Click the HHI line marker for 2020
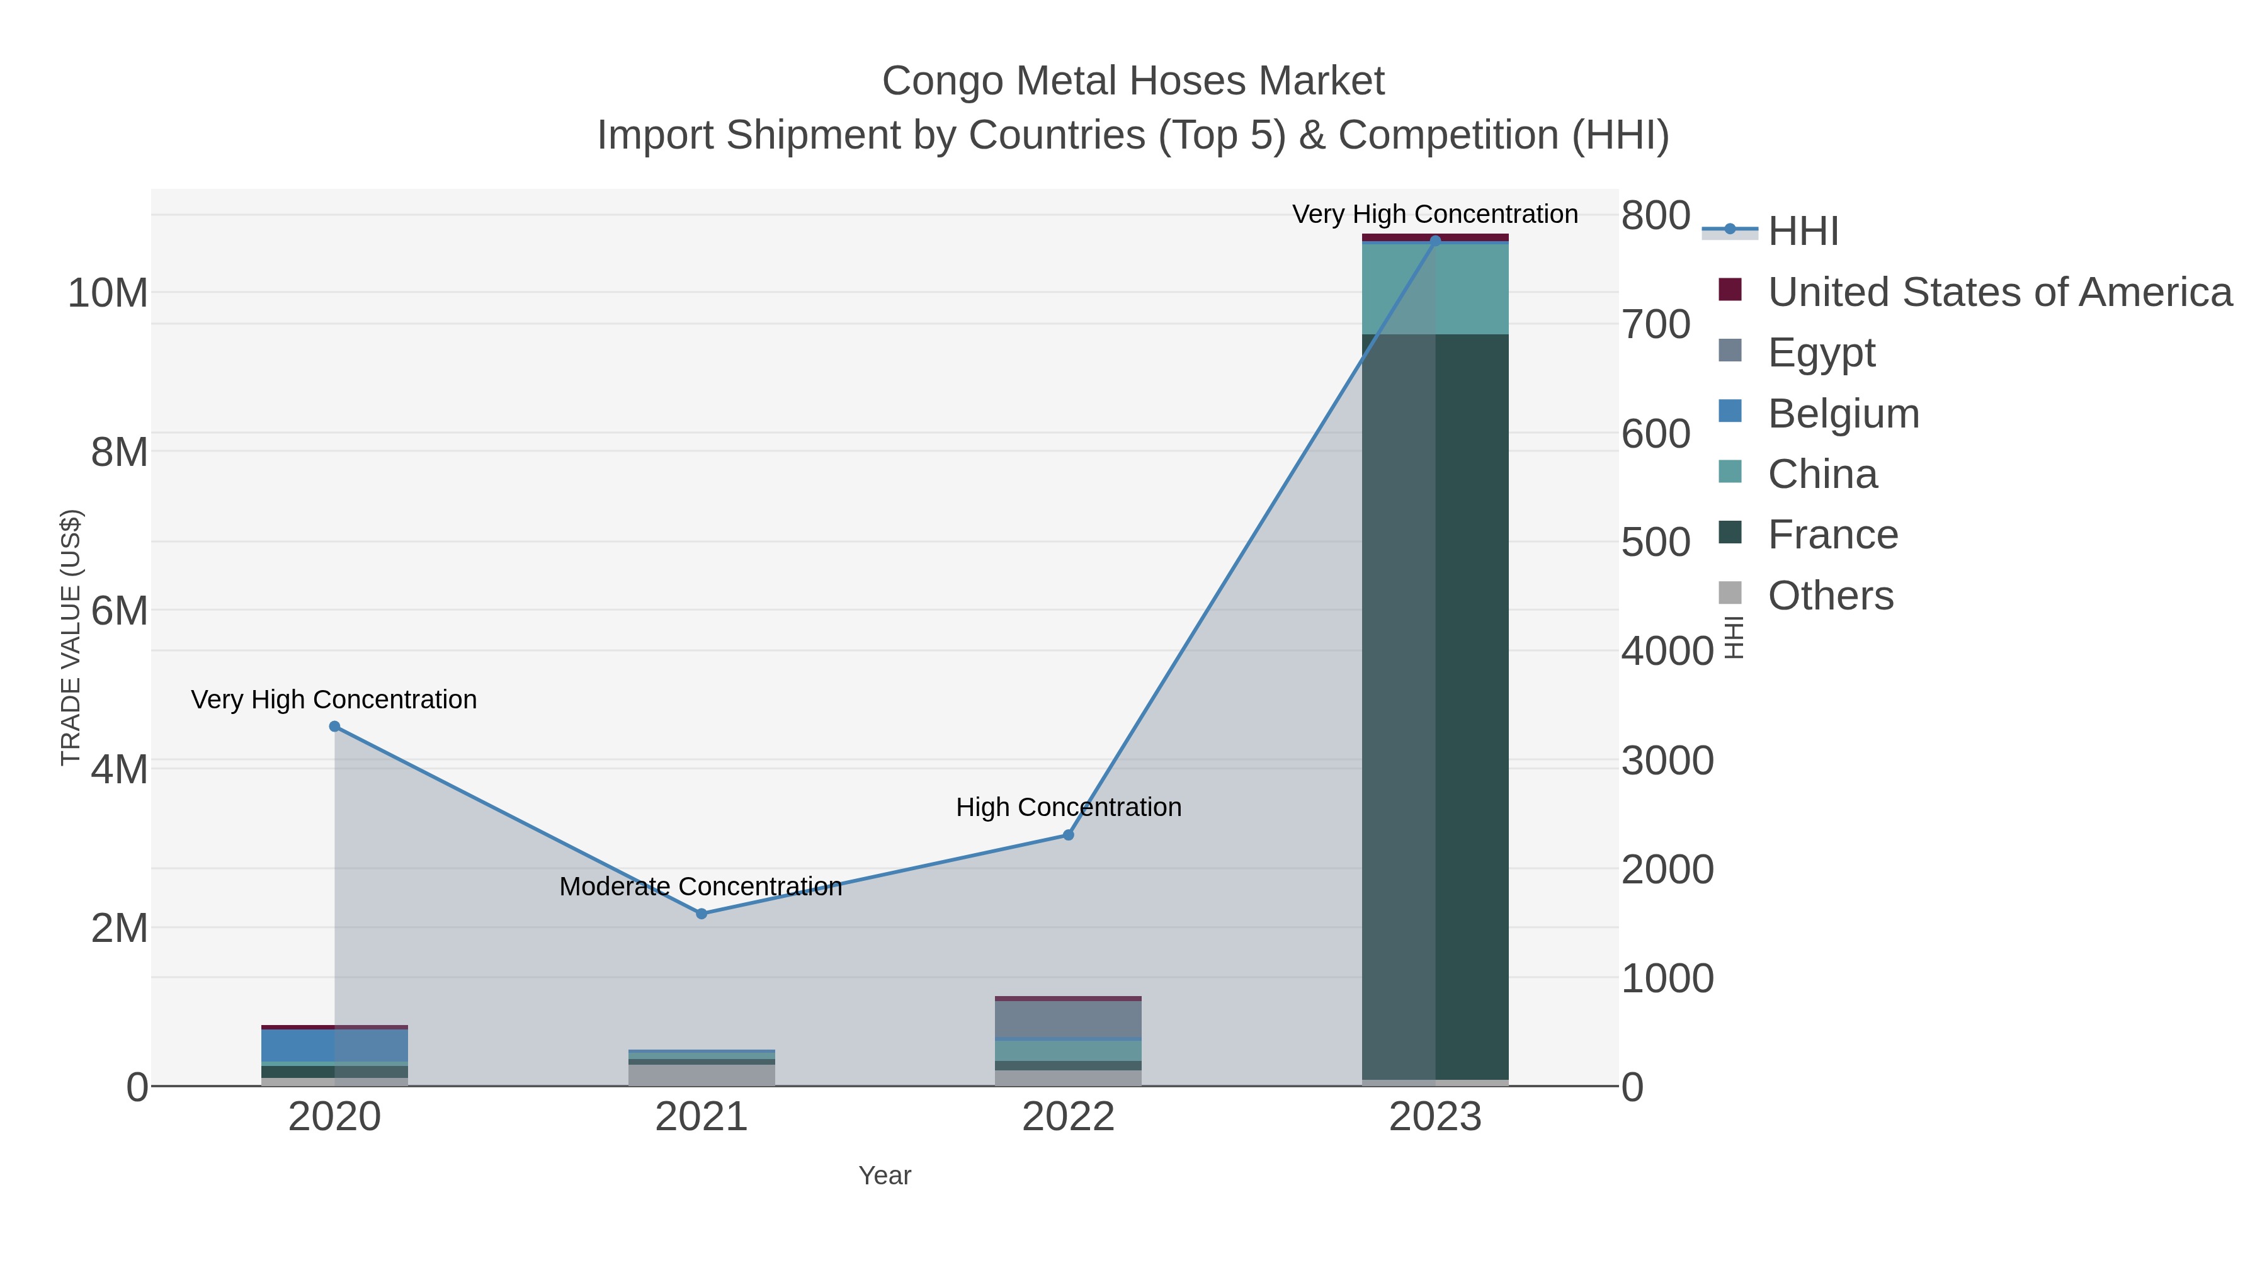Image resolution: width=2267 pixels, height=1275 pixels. coord(334,726)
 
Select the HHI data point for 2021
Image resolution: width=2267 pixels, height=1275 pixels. coord(702,914)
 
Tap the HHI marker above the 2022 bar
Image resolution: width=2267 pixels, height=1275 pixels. coord(1069,834)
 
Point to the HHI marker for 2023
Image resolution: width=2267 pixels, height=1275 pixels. coord(1435,241)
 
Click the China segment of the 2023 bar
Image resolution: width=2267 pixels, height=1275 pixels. coord(1435,288)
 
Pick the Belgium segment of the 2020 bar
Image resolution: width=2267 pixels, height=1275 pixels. coord(299,1045)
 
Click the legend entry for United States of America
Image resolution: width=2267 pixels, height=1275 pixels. coord(1999,292)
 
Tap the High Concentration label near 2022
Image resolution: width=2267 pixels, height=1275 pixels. coord(1069,807)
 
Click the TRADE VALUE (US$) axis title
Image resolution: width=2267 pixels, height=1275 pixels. coord(71,637)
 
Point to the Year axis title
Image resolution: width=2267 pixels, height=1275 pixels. coord(885,1176)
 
